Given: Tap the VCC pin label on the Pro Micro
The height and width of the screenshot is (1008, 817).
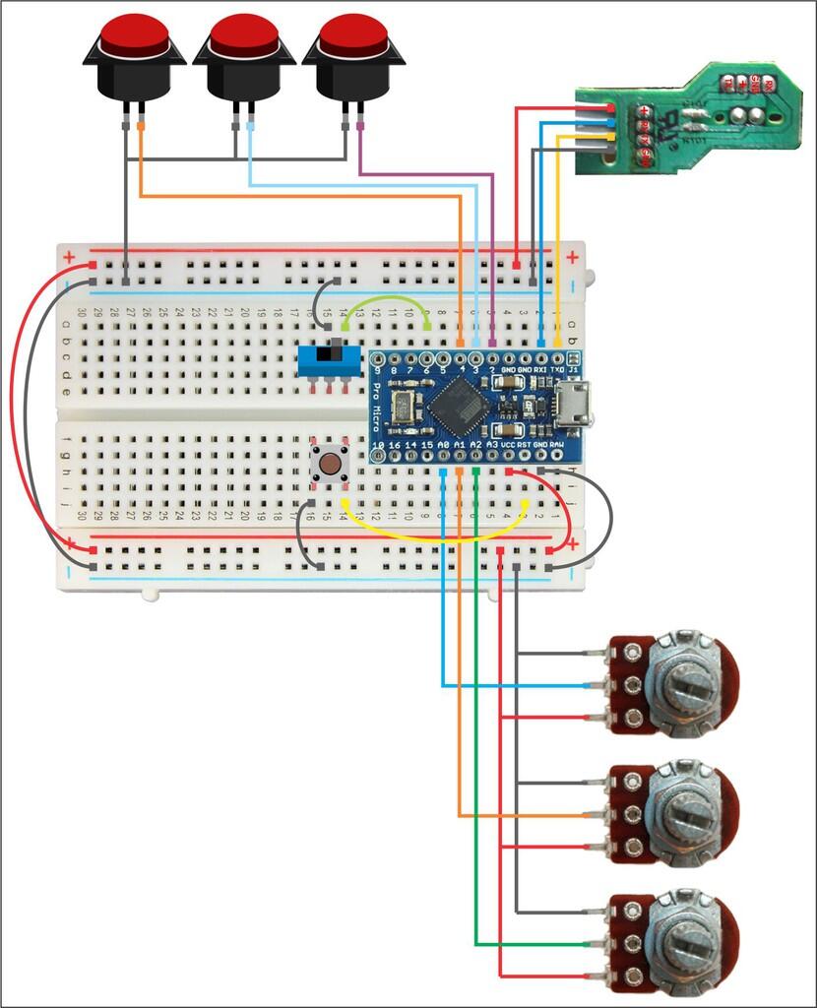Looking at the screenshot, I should (x=509, y=445).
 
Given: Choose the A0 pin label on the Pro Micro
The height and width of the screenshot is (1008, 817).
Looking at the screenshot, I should (x=444, y=445).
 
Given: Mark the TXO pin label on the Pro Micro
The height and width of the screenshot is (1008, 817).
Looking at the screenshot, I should (x=558, y=370).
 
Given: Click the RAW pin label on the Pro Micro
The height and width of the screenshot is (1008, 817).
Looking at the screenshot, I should (x=557, y=445).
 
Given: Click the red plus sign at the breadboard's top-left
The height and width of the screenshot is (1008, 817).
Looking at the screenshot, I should (x=69, y=258).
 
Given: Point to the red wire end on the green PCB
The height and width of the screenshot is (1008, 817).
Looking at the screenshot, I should (x=610, y=108).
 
